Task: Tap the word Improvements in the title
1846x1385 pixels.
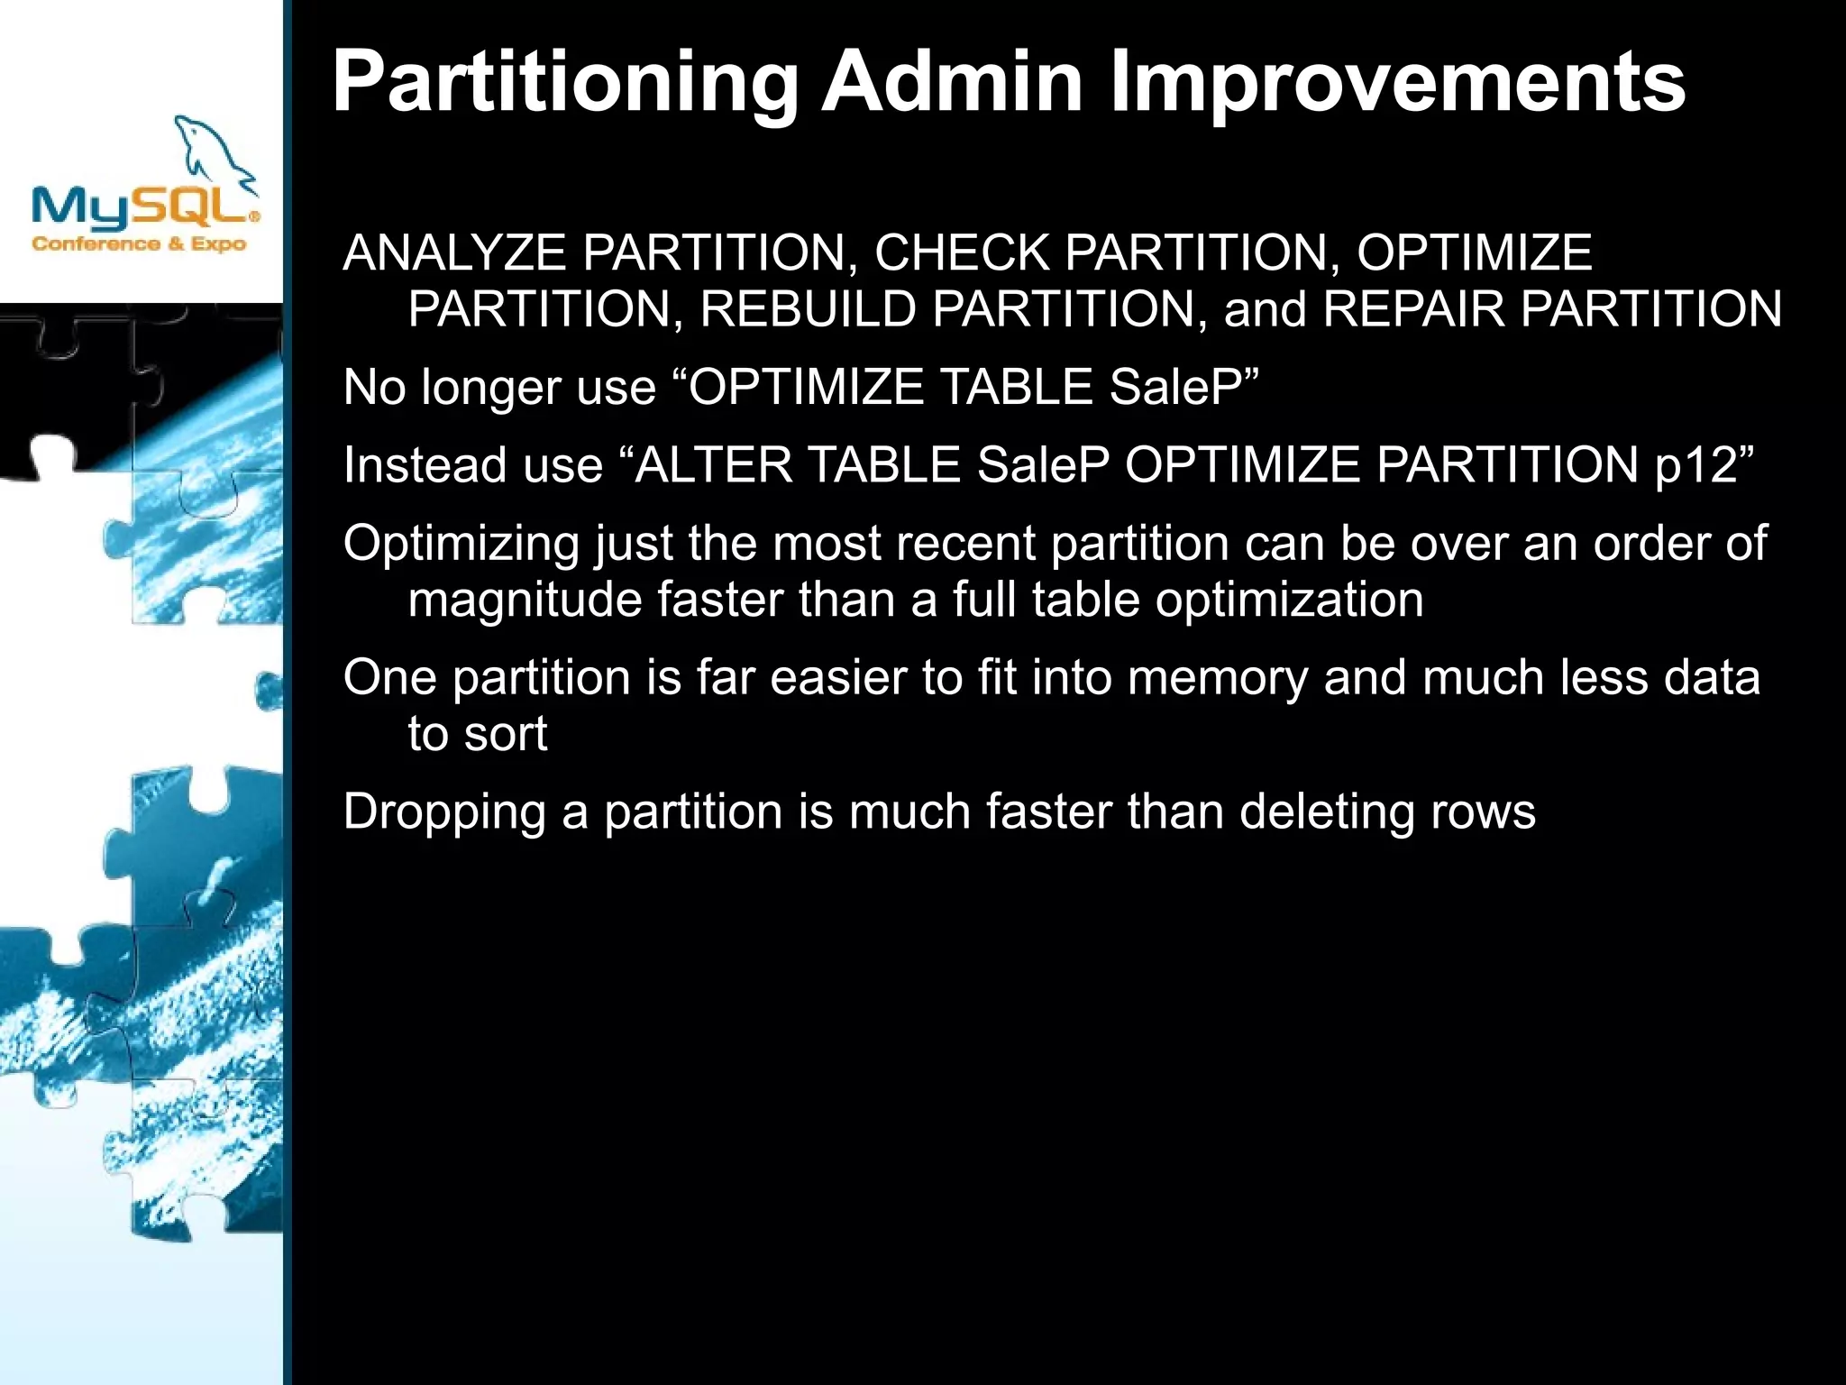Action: pos(1397,83)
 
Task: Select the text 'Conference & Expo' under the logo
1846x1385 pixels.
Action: pos(139,243)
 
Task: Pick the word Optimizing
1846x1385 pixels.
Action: pos(461,545)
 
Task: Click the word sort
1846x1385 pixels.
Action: pos(506,735)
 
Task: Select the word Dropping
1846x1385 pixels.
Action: pos(445,812)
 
